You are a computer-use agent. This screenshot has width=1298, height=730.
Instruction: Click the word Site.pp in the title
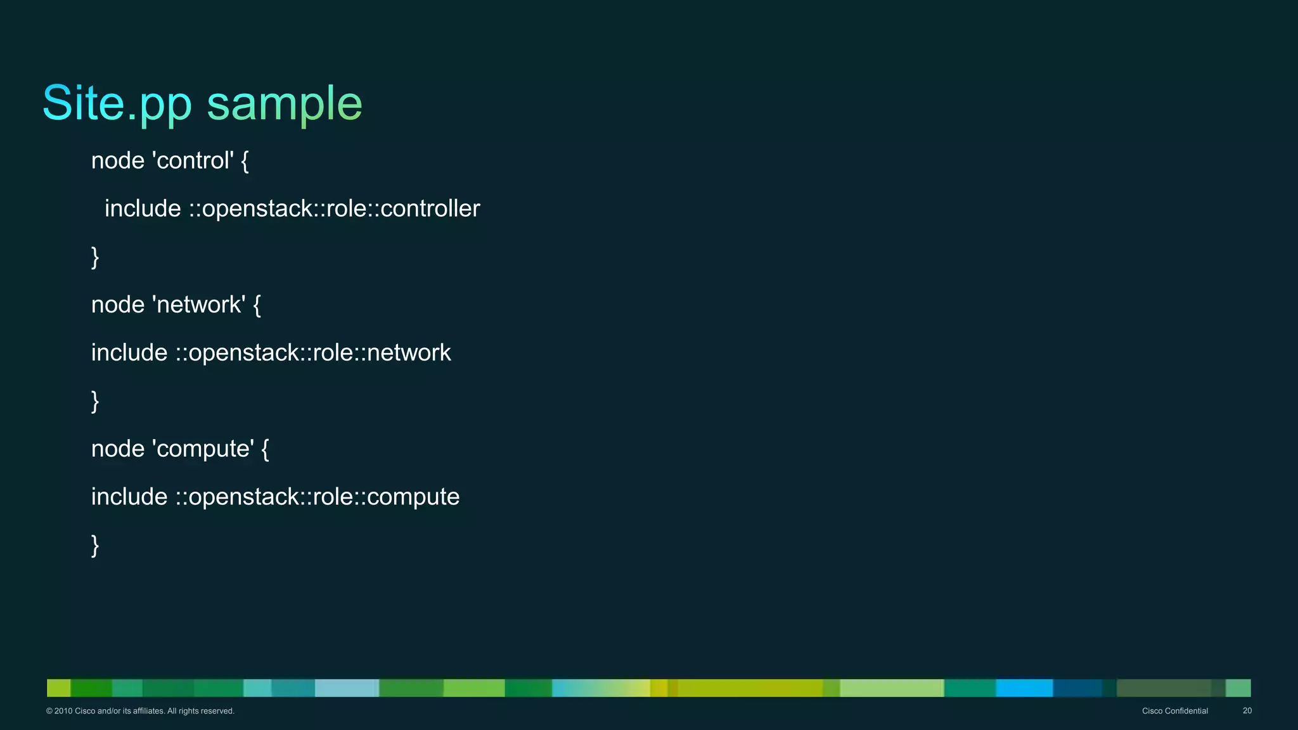[117, 103]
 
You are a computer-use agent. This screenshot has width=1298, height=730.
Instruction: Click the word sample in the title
[285, 103]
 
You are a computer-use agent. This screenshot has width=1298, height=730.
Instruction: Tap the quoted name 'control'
[193, 161]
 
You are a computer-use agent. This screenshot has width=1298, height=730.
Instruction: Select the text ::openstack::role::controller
[334, 209]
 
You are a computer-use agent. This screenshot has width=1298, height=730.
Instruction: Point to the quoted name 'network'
[199, 305]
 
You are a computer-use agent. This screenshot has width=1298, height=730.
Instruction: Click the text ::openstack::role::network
[313, 353]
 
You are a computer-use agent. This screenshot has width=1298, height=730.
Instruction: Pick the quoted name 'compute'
[203, 449]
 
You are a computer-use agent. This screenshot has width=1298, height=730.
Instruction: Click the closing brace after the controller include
[95, 257]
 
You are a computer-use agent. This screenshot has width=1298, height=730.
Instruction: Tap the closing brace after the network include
[95, 401]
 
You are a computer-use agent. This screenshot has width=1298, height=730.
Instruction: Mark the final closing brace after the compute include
[95, 546]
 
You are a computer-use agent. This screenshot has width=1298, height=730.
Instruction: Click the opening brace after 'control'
[245, 161]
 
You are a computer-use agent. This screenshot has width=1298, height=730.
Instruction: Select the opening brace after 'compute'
[265, 449]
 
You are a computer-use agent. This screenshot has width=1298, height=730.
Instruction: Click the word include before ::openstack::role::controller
[143, 209]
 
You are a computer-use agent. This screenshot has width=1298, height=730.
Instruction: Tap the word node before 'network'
[118, 305]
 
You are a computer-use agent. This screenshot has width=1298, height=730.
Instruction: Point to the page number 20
[1247, 711]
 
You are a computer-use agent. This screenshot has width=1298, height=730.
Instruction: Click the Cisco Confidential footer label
[1174, 711]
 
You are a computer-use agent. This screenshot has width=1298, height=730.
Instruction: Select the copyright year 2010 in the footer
[63, 711]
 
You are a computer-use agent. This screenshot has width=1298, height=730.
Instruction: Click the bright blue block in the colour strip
[1024, 688]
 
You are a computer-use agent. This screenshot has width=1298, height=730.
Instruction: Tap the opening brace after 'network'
[257, 305]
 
